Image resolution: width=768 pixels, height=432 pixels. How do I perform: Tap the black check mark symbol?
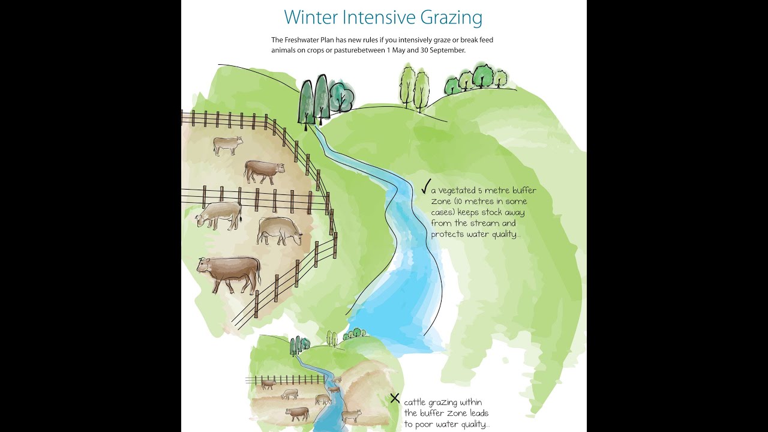point(425,187)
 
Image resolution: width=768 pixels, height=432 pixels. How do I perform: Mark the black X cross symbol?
point(395,398)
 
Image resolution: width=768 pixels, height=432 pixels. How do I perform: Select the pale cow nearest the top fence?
point(228,145)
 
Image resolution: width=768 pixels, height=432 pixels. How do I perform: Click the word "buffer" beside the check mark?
point(523,191)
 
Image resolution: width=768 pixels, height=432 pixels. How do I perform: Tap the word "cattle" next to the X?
point(417,402)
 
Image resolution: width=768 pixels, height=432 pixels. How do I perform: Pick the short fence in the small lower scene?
point(285,380)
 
